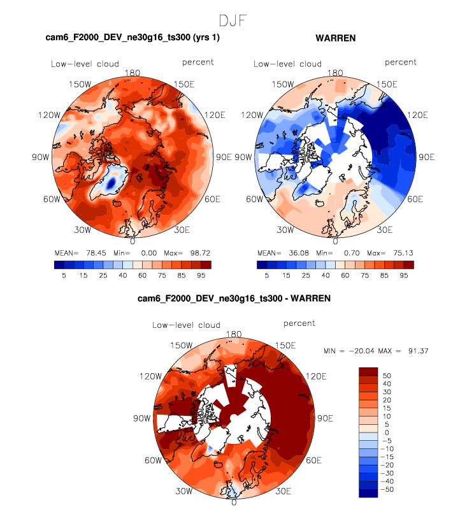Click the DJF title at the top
coord(234,20)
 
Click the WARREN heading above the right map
coord(335,38)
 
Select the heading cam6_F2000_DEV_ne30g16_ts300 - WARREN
coord(233,298)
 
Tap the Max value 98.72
coord(197,252)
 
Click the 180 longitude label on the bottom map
coord(234,334)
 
